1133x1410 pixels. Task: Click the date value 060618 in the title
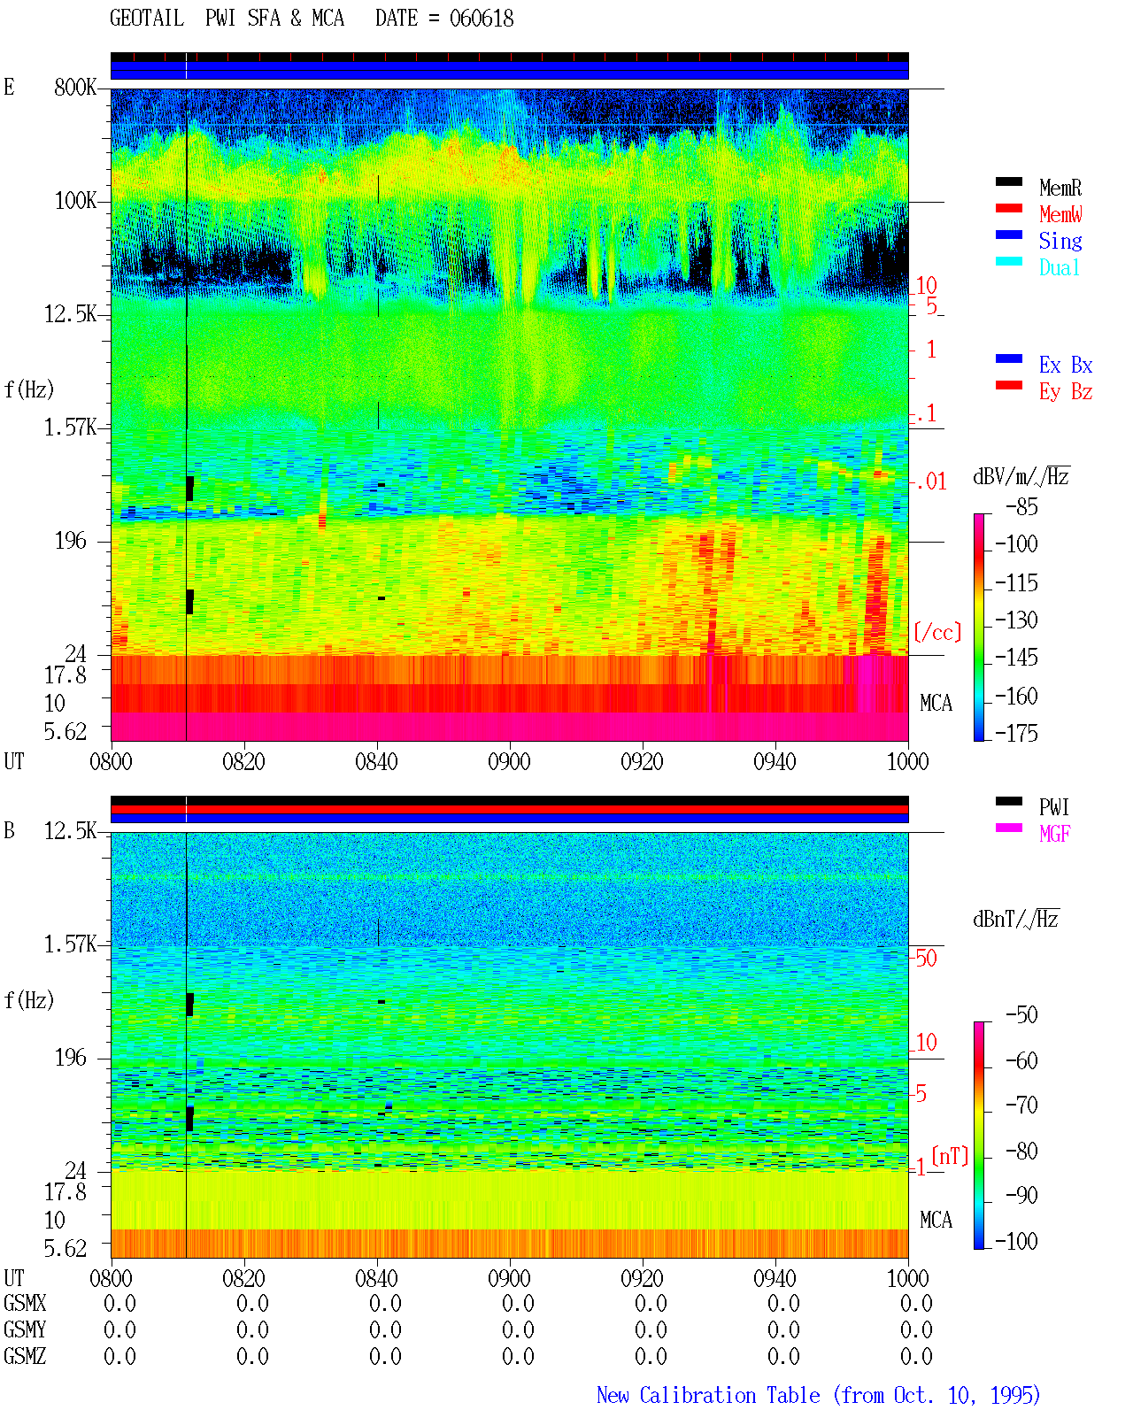tap(482, 19)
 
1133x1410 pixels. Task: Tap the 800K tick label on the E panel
tap(74, 87)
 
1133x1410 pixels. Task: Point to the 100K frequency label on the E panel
tap(74, 201)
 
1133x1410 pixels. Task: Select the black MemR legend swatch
tap(1008, 182)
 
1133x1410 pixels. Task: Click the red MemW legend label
tap(1060, 214)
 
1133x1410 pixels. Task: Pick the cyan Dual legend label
tap(1059, 267)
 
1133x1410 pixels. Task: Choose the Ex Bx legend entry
tap(1066, 365)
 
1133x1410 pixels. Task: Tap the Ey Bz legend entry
tap(1066, 392)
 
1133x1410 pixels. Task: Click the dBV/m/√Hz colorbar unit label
tap(1021, 476)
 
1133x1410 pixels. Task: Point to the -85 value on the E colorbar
tap(1021, 506)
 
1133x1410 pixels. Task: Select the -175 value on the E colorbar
tap(1015, 733)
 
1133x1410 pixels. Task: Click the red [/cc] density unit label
tap(937, 632)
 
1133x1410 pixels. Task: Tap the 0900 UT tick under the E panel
tap(509, 761)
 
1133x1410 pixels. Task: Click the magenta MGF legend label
tap(1054, 834)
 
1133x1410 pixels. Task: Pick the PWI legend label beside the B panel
tap(1053, 806)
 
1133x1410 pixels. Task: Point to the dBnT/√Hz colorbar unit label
tap(1015, 920)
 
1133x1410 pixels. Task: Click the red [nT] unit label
tap(950, 1156)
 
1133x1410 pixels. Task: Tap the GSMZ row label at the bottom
tap(25, 1356)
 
